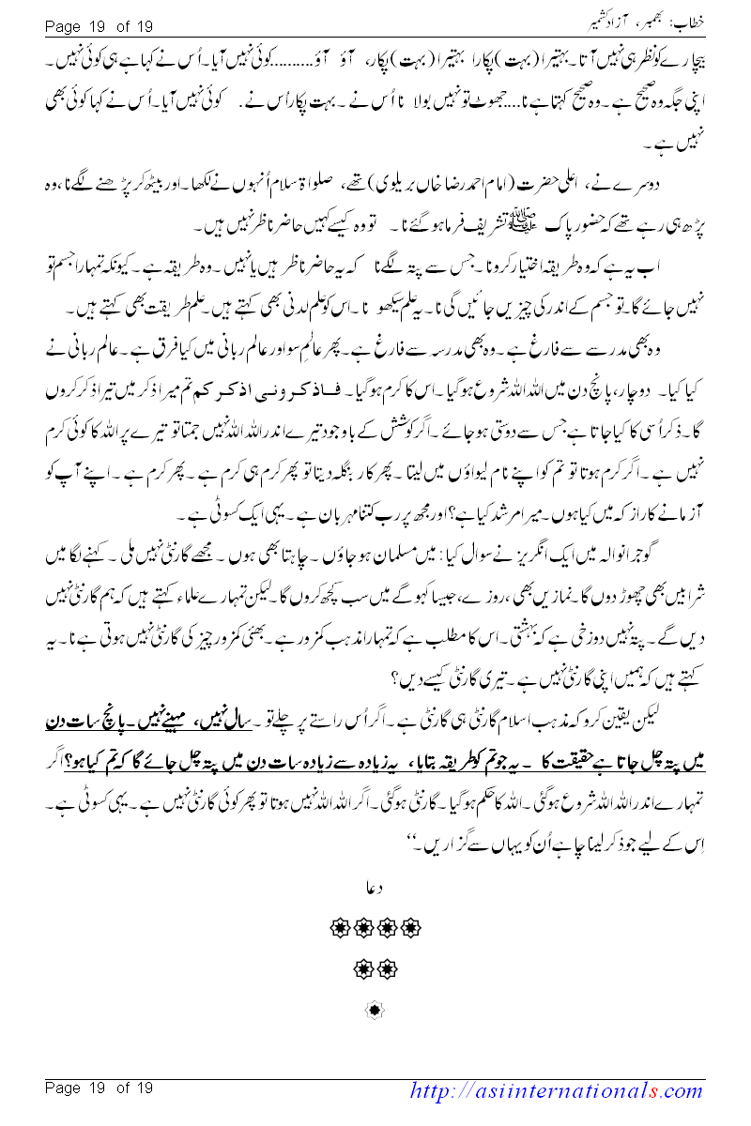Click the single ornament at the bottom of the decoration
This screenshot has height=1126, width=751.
tap(375, 1011)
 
